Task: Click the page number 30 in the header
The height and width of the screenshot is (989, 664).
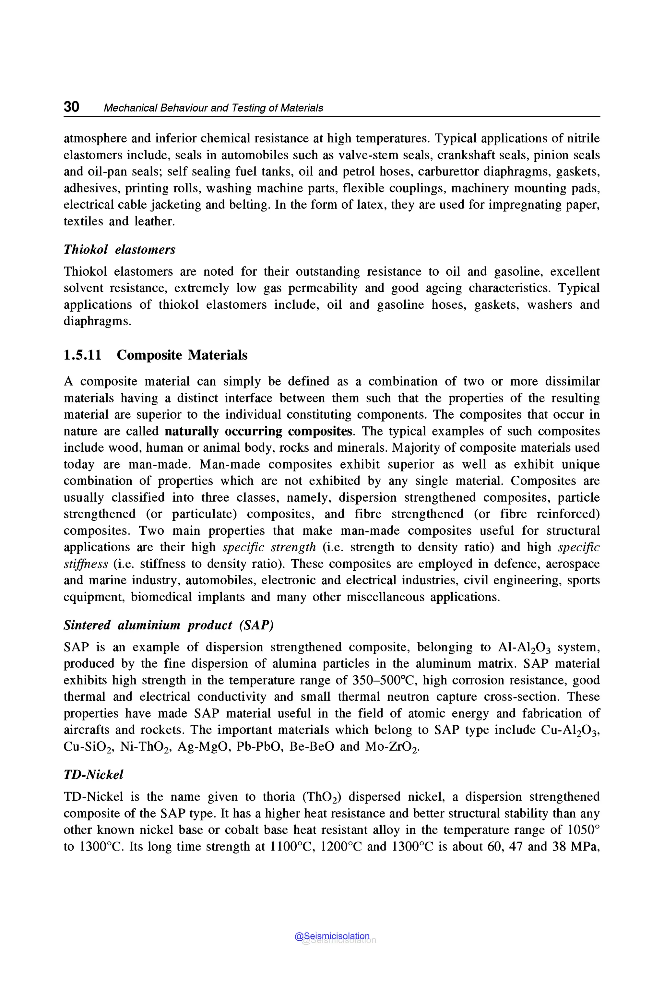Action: click(71, 107)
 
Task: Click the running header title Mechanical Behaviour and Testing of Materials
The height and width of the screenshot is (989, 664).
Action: click(213, 108)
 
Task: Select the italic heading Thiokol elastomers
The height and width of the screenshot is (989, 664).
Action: click(119, 249)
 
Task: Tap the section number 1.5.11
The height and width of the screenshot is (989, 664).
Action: click(83, 355)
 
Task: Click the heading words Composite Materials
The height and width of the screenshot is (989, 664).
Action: click(182, 355)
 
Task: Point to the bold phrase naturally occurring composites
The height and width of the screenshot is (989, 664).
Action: click(258, 431)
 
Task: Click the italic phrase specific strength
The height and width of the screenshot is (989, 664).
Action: click(269, 547)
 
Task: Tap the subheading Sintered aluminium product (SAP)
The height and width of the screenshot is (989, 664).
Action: click(169, 625)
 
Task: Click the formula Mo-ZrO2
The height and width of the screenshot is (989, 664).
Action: click(392, 747)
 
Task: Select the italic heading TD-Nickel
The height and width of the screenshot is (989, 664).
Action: click(93, 775)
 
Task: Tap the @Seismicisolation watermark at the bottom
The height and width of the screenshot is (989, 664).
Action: click(332, 936)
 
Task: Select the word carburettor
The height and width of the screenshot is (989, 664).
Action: click(448, 172)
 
